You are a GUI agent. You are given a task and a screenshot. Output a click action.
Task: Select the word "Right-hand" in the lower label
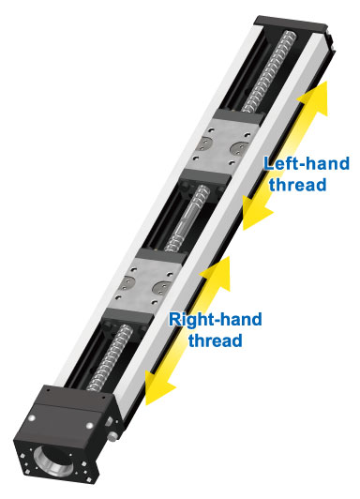[x=215, y=319]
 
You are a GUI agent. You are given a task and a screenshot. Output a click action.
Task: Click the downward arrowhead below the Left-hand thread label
[x=251, y=221]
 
